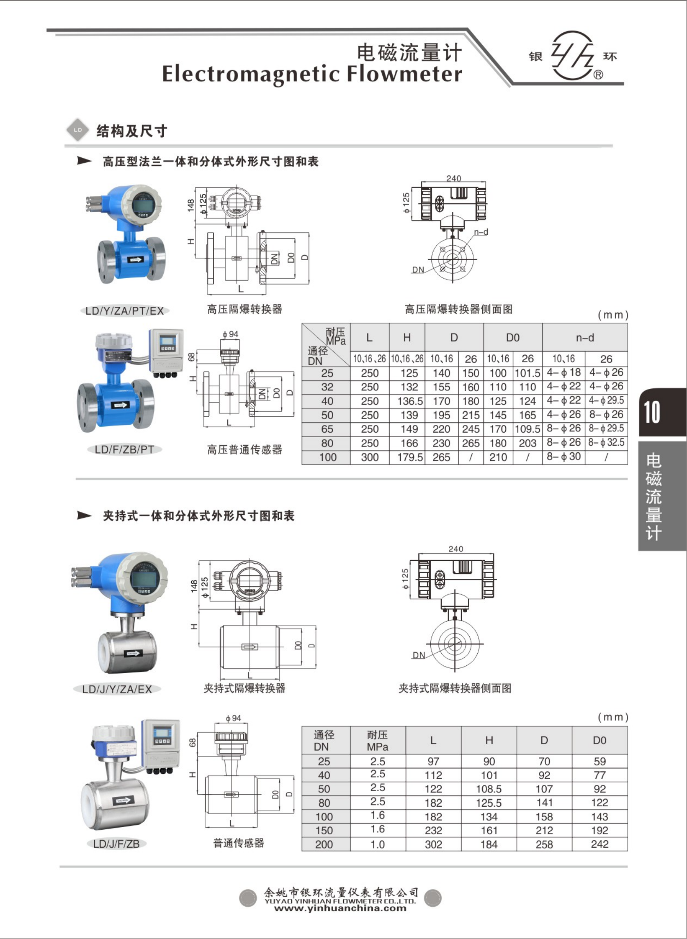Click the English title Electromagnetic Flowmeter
312,74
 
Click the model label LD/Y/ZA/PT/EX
124,311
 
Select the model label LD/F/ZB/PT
124,449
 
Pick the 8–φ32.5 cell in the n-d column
606,442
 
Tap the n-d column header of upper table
584,338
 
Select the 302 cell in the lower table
433,844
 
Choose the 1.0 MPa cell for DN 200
377,844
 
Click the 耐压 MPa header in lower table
377,741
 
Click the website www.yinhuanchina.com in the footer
340,908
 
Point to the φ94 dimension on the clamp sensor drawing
233,718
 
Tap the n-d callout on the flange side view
481,232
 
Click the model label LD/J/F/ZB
116,844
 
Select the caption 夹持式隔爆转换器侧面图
454,689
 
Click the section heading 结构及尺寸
131,131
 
